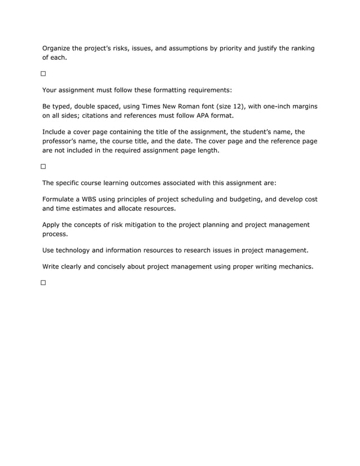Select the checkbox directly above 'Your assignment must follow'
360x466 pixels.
click(x=43, y=74)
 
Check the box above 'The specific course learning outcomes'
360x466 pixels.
click(x=43, y=167)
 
